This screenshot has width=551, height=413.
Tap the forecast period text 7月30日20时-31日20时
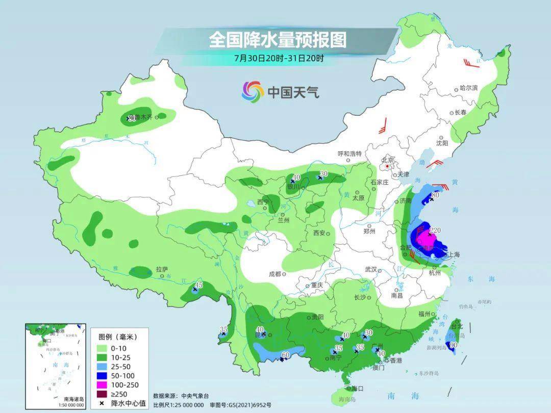pos(279,58)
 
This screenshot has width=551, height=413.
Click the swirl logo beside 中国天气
pos(253,92)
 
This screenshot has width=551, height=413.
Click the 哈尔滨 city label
pos(468,88)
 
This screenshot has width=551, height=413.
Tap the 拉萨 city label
pos(161,269)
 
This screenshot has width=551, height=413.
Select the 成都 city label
pos(274,274)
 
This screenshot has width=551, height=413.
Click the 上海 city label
pos(453,254)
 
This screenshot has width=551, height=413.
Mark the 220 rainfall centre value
pos(434,230)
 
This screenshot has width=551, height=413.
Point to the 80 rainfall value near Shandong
pos(435,194)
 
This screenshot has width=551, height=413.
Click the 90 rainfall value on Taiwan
pos(453,345)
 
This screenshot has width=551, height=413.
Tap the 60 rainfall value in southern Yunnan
pos(285,355)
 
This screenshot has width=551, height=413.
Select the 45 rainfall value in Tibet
pos(199,285)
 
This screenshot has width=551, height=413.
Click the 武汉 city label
pos(370,269)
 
